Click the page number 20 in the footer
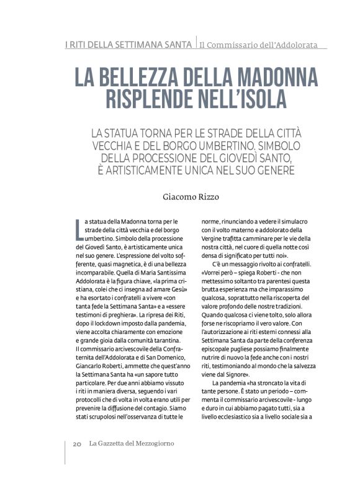click(x=76, y=443)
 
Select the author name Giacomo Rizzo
click(x=191, y=198)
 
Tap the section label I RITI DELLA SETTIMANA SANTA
click(x=128, y=45)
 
